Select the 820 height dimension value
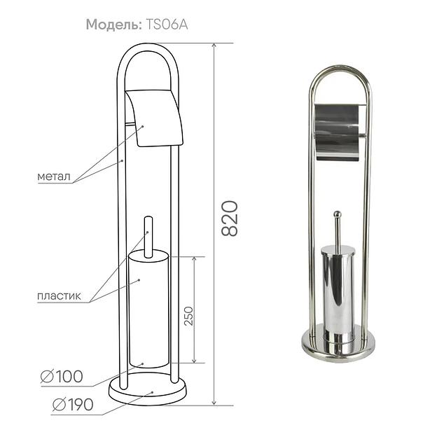coord(230,218)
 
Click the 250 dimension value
coord(188,316)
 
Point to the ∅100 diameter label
coord(62,377)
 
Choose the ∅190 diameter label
coord(73,404)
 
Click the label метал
coord(54,176)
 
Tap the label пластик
coord(59,296)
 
